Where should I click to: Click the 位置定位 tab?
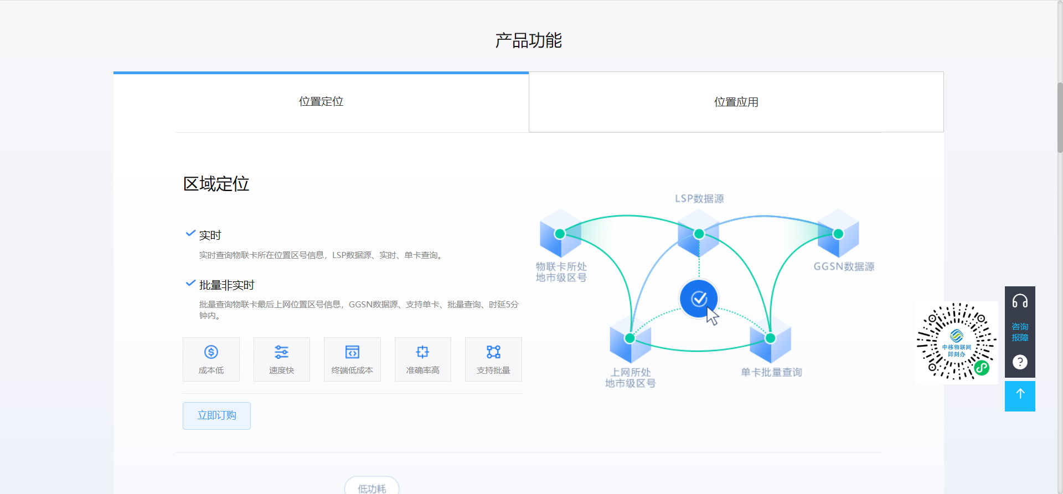click(321, 102)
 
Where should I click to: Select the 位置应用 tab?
click(736, 102)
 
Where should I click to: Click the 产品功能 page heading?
click(529, 40)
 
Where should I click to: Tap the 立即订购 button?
click(216, 415)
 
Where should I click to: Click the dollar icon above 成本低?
click(211, 352)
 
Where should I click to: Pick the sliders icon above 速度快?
click(281, 352)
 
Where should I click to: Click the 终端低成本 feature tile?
click(352, 359)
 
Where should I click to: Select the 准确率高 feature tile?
click(422, 359)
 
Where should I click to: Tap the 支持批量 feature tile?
click(493, 359)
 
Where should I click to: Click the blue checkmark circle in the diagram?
click(699, 299)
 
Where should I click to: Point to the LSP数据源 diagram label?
click(699, 199)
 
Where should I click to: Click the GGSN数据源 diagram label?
click(844, 266)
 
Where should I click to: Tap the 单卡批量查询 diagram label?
click(771, 372)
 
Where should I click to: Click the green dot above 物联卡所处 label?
click(560, 234)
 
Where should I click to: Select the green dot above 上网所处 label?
click(629, 338)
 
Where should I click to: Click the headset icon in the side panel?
click(1020, 301)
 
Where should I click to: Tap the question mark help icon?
click(1020, 362)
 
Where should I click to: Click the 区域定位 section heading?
click(216, 184)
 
